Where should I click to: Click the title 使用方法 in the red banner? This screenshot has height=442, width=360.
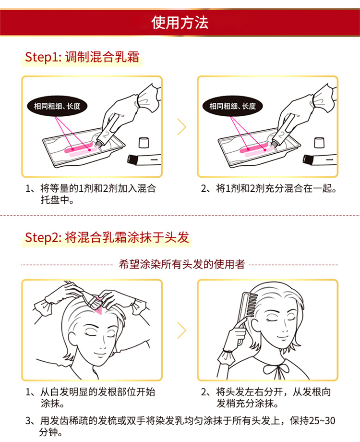(x=180, y=23)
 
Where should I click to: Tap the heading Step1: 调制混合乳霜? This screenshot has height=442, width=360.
(x=82, y=57)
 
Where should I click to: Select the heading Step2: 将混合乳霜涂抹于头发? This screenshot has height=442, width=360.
(x=107, y=237)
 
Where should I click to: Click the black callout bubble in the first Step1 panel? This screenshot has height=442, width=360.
(x=57, y=106)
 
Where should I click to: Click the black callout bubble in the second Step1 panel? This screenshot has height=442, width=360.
(x=232, y=106)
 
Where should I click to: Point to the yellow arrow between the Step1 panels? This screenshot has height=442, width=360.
(x=182, y=126)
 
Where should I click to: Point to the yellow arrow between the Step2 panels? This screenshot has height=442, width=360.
(x=182, y=330)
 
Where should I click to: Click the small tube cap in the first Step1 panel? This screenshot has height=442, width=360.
(x=144, y=143)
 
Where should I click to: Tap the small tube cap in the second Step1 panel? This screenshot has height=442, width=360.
(x=319, y=143)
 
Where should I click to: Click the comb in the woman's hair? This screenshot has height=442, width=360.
(x=249, y=306)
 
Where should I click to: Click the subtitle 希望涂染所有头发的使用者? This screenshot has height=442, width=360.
(x=182, y=264)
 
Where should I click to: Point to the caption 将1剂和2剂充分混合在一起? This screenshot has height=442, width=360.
(x=268, y=188)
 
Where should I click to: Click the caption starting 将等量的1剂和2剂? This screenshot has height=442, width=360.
(x=90, y=194)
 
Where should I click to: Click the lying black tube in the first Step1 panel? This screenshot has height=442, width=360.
(x=144, y=160)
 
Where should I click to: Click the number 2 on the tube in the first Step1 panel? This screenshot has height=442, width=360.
(x=107, y=134)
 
